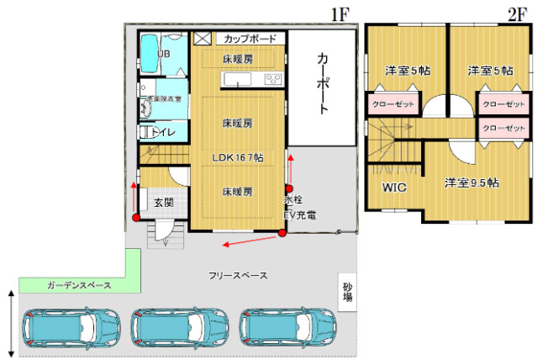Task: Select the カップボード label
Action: tap(250, 39)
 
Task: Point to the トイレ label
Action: tap(163, 133)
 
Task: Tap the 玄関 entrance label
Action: tap(163, 202)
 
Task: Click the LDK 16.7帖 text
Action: tap(238, 157)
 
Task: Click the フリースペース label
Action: tap(238, 276)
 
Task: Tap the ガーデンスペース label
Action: tap(79, 286)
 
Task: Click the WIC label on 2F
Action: tap(394, 188)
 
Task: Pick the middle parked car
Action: tap(180, 327)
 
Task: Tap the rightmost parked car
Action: tap(288, 326)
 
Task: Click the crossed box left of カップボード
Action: tap(203, 39)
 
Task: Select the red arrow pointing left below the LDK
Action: tap(250, 241)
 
